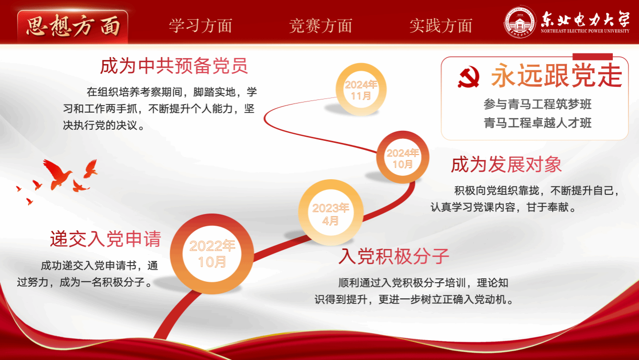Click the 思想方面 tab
(73, 26)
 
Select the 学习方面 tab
(200, 26)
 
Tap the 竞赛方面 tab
(321, 26)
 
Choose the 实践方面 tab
(441, 26)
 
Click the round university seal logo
(520, 22)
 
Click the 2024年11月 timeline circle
(361, 89)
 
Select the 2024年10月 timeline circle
(402, 157)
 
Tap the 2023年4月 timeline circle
(331, 213)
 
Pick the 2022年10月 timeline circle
(212, 254)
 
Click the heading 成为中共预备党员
(174, 66)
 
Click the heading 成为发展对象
(506, 165)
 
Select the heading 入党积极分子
(394, 256)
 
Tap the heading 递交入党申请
(105, 238)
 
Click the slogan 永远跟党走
(556, 75)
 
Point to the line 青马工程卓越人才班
(538, 123)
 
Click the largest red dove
(57, 174)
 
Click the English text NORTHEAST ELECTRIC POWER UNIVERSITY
(585, 31)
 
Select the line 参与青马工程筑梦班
(538, 104)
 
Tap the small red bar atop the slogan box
(593, 57)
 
